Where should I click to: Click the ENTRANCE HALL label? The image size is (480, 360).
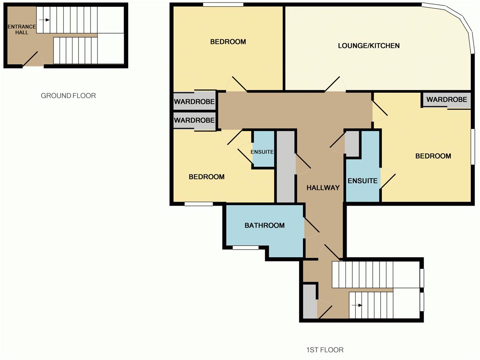coord(22,29)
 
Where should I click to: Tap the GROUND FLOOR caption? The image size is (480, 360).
coord(68,96)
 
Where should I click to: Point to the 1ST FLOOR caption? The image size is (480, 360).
coord(325,350)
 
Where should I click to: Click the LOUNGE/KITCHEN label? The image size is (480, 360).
coord(369,46)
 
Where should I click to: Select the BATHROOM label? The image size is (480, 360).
coord(265,226)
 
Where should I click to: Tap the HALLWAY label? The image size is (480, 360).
coord(323,188)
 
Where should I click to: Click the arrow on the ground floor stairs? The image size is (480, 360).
coord(44,20)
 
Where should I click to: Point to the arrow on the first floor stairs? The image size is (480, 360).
coord(357,305)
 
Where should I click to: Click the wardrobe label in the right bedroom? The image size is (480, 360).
coord(447,100)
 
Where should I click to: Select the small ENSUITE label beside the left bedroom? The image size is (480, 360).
coord(262,152)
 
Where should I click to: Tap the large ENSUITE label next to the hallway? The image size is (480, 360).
coord(362,181)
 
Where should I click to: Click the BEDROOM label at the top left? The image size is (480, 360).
coord(228,42)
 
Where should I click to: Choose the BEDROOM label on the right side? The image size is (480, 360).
coord(433,156)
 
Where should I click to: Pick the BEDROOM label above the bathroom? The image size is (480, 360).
coord(207,177)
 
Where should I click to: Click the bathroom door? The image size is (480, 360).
coord(311,225)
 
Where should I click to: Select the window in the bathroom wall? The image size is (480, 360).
coord(245,248)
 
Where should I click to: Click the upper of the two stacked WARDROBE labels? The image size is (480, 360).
coord(195,102)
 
